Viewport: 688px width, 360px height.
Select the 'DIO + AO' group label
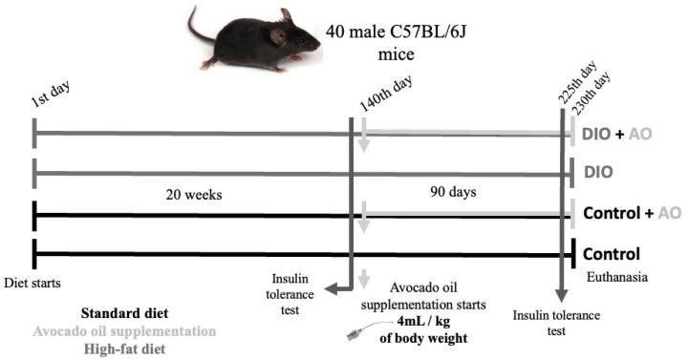pyautogui.click(x=617, y=134)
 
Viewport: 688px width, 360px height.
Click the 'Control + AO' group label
pyautogui.click(x=632, y=212)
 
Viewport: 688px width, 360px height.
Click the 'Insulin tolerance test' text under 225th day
pyautogui.click(x=551, y=321)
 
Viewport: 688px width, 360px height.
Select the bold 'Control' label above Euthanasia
pyautogui.click(x=611, y=254)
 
